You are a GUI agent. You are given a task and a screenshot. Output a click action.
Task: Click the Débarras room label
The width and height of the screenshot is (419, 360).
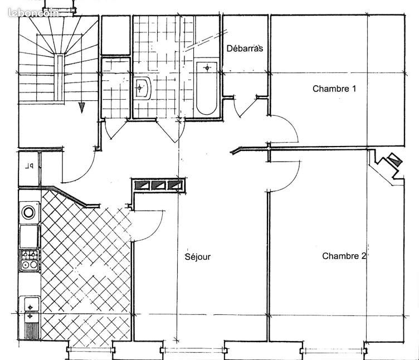point(245,48)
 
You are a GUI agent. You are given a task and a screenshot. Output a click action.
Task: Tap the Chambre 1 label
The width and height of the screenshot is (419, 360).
point(334,89)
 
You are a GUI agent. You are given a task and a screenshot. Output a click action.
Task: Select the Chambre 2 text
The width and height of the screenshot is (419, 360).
point(344,256)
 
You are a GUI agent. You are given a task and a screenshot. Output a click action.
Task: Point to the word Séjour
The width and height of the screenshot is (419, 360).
point(198,257)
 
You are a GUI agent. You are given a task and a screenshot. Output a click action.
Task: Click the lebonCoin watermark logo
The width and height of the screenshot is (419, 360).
point(33,13)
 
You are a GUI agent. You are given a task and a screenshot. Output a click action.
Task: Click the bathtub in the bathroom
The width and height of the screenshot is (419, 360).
point(207,88)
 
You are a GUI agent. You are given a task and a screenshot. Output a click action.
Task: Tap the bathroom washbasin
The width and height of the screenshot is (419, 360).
point(142,89)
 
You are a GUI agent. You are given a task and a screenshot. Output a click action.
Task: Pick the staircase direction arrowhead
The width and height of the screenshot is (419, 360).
point(82,108)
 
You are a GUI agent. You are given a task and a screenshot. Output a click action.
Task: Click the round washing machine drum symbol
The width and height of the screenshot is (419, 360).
point(28,212)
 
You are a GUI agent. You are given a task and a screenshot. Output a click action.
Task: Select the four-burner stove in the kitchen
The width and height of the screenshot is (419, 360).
point(30,260)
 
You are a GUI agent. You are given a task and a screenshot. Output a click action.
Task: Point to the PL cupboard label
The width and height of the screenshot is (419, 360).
point(30,167)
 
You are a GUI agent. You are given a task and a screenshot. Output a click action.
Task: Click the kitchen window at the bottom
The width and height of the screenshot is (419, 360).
point(91,349)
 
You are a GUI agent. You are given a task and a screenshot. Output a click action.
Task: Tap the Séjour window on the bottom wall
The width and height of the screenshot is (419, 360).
point(193,350)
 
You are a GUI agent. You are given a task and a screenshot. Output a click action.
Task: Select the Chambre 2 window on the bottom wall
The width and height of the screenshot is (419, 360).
point(334,351)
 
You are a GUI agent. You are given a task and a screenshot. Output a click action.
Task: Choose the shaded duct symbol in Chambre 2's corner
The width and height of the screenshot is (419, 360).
point(394,160)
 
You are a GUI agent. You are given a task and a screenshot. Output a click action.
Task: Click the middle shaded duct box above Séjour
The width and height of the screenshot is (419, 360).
point(159,185)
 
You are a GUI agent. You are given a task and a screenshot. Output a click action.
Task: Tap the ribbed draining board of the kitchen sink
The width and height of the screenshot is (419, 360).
point(32,331)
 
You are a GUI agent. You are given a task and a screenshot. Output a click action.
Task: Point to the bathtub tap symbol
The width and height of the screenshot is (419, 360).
point(207,68)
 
